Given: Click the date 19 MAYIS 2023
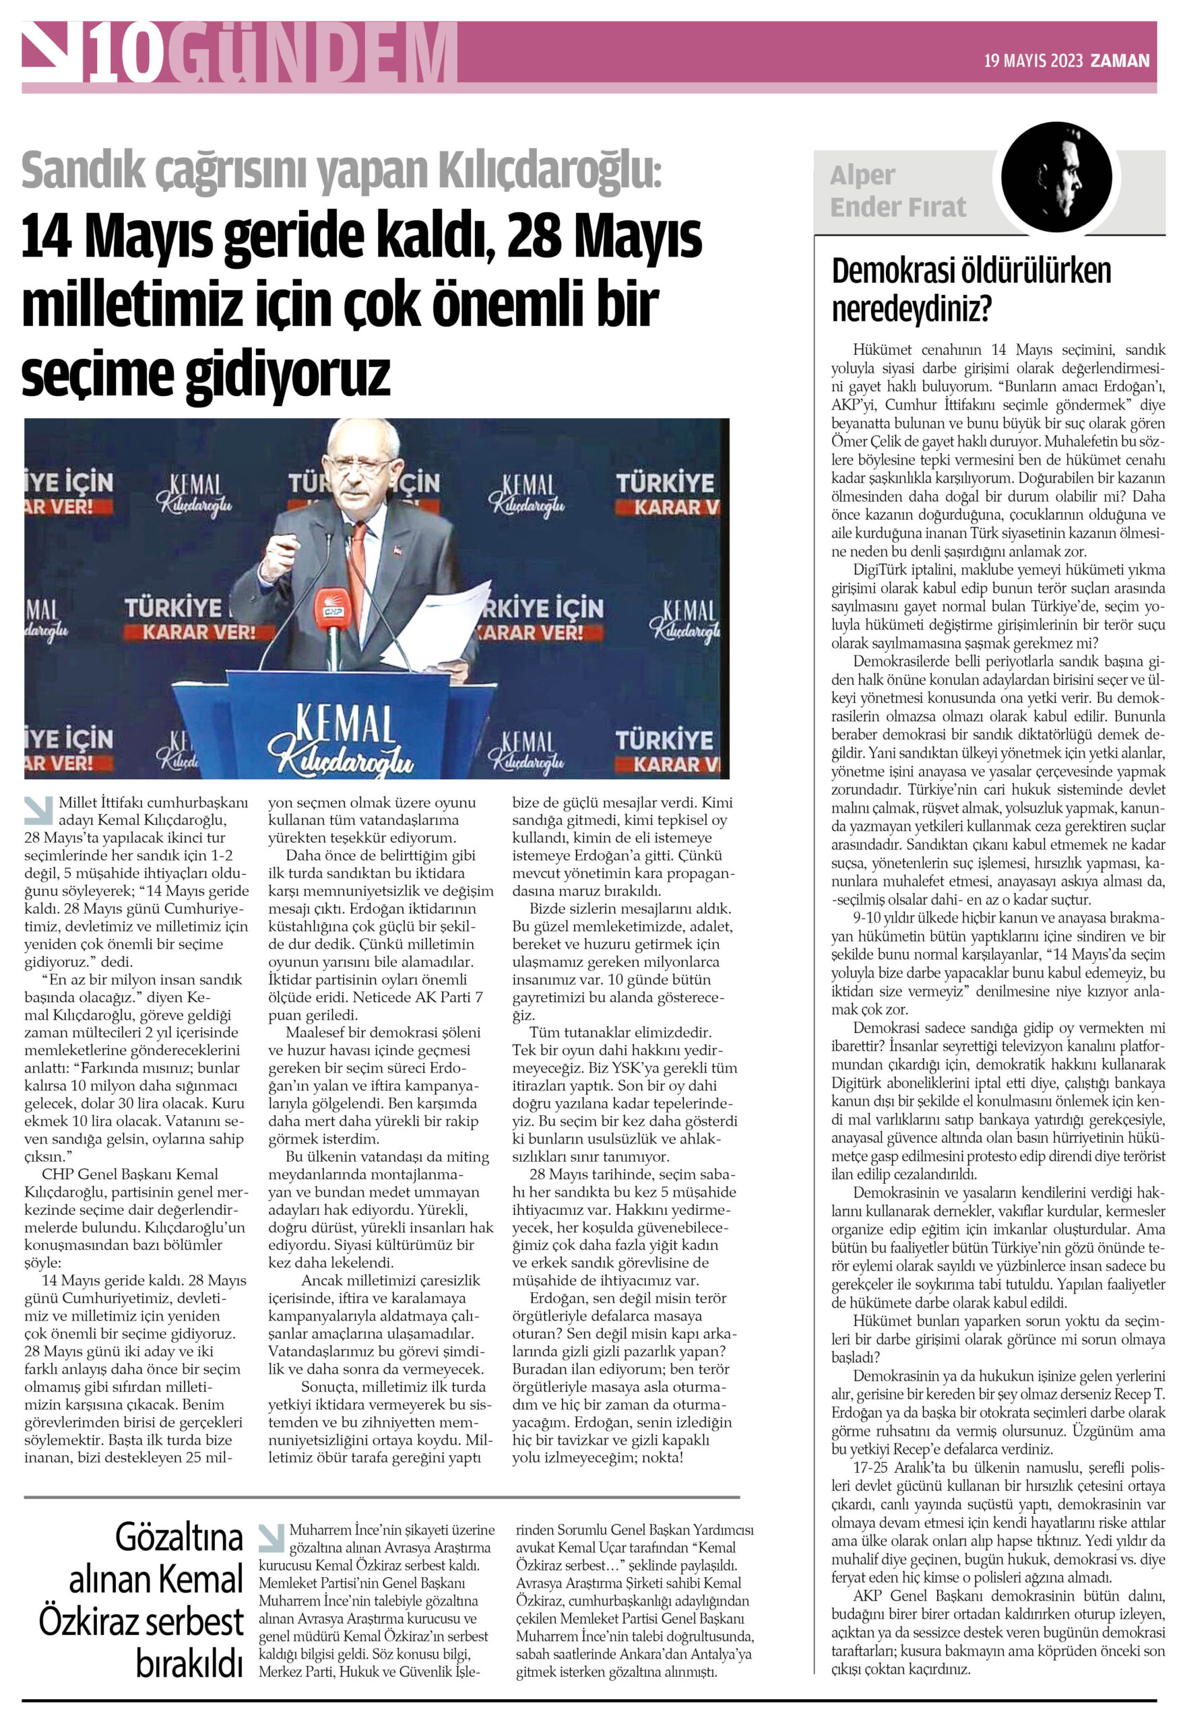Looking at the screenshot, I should [1033, 61].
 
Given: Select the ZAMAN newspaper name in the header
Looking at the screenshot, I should [1120, 61].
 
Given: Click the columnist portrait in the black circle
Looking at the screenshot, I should [1055, 177].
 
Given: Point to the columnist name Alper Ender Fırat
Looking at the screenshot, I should [898, 191].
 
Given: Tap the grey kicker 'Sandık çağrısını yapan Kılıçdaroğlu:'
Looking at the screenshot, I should [342, 170].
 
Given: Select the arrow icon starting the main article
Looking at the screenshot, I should [38, 810].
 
